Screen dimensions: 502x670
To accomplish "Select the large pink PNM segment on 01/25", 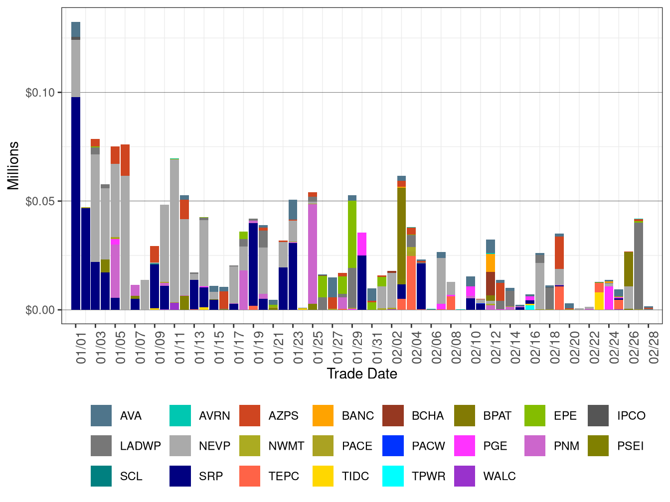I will click(x=313, y=253).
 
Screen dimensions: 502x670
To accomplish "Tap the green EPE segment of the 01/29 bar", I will click(x=352, y=234).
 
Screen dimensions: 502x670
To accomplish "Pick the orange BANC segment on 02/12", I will click(x=490, y=262).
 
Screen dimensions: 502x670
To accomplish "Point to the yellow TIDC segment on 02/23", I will click(x=599, y=301).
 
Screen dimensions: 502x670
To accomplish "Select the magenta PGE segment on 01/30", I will click(x=362, y=244).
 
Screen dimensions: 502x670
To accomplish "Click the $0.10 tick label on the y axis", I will click(x=40, y=93).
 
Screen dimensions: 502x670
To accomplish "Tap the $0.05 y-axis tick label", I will click(x=40, y=201).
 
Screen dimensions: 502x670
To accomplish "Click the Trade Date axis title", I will click(x=362, y=374).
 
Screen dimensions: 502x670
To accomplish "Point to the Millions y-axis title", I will click(x=13, y=165).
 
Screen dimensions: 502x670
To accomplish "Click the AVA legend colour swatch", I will click(x=101, y=416).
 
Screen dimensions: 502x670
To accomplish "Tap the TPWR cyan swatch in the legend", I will click(x=393, y=476).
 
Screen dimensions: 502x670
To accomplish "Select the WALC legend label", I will click(x=499, y=476).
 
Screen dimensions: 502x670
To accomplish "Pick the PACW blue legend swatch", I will click(x=393, y=446).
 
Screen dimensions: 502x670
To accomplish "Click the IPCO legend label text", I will click(x=631, y=416).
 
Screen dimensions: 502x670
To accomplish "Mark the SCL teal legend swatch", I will click(x=101, y=476).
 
